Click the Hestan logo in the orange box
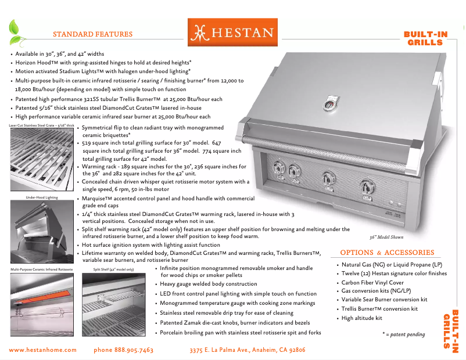[232, 33]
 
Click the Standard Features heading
[92, 34]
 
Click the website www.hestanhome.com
[43, 350]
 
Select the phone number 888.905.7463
[123, 350]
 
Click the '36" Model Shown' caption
[387, 237]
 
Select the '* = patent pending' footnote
[403, 334]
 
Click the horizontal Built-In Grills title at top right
[425, 38]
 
